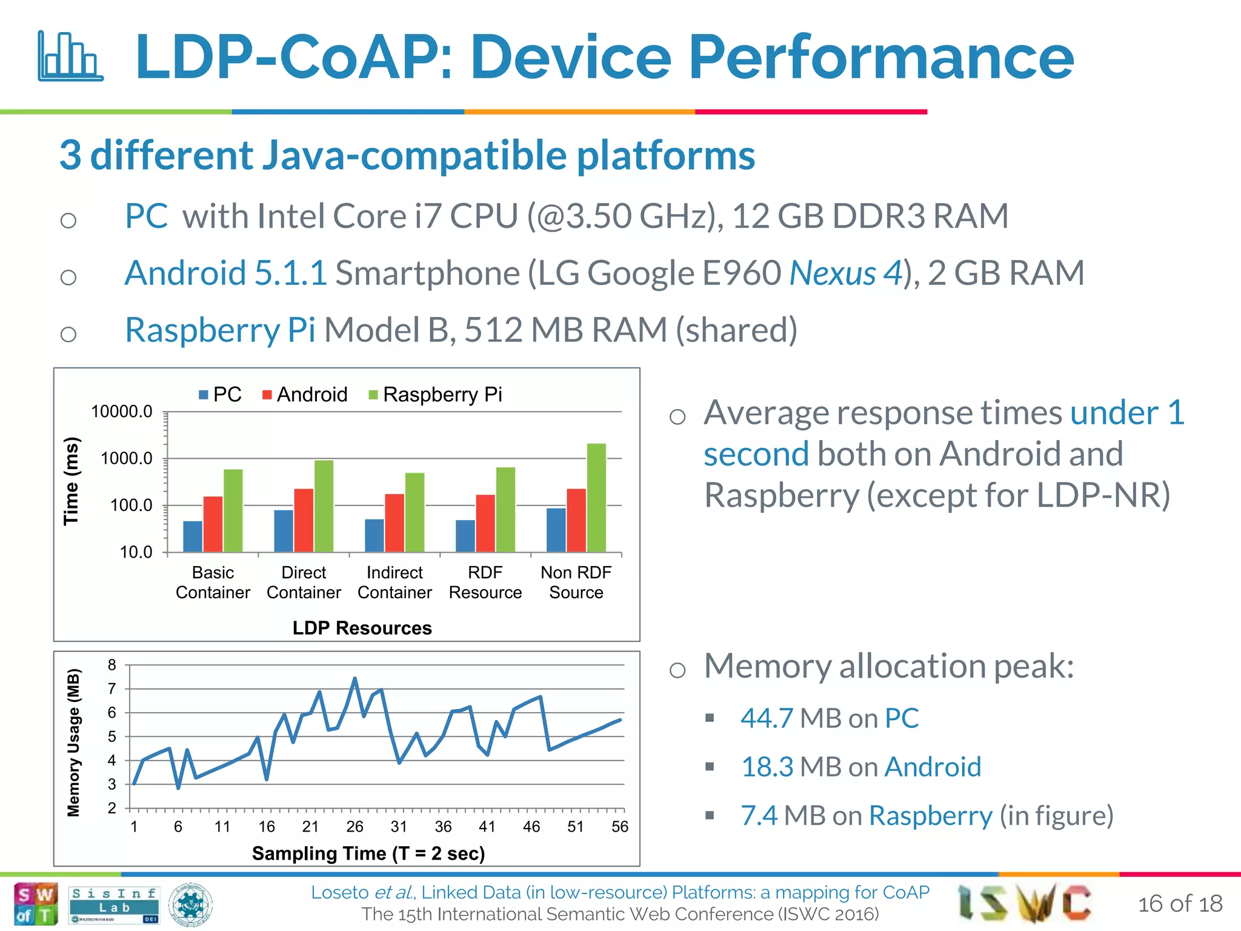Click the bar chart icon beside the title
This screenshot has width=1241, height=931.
pos(70,56)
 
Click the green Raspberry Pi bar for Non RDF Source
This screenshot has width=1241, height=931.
pos(596,497)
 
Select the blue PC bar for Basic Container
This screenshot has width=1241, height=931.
pos(193,536)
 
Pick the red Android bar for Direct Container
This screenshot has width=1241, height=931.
pos(304,519)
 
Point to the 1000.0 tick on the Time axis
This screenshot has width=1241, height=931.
pos(127,459)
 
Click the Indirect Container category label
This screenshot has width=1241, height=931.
pos(394,582)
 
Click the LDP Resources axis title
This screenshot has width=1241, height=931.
pos(362,628)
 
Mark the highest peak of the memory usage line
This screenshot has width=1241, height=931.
pos(354,679)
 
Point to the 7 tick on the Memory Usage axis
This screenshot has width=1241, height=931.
pos(112,689)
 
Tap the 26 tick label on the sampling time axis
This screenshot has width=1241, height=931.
pos(354,827)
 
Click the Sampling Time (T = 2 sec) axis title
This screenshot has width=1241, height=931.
pos(368,853)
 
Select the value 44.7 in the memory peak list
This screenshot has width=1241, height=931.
pos(767,718)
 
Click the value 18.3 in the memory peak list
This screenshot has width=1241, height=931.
pos(767,767)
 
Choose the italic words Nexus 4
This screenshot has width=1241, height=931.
pos(846,273)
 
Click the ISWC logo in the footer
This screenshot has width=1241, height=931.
pos(1024,902)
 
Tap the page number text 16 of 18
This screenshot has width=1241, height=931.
pos(1180,904)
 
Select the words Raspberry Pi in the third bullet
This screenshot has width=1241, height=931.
pos(220,330)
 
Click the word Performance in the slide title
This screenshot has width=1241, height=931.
pos(881,58)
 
